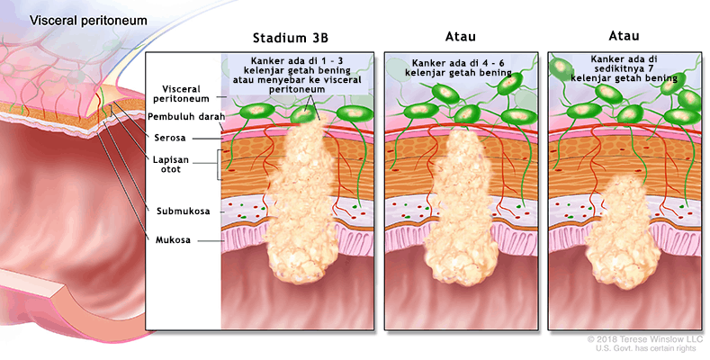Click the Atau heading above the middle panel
click(461, 37)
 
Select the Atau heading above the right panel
click(623, 37)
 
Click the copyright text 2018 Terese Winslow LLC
click(644, 339)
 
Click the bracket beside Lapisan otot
click(219, 166)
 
